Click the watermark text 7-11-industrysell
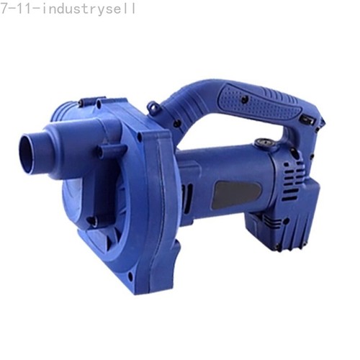[68, 9]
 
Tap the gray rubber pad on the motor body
[236, 195]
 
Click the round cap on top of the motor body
[263, 143]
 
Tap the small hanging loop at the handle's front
[153, 107]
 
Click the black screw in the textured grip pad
[245, 99]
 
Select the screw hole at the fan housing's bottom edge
[130, 275]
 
